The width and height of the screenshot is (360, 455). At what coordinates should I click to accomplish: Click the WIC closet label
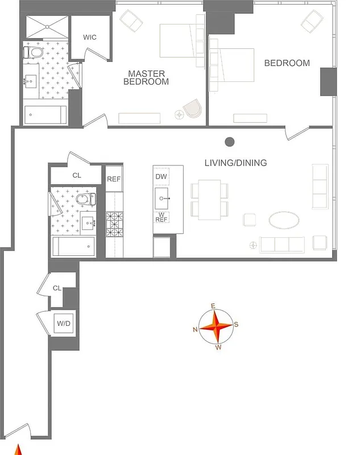pyautogui.click(x=90, y=38)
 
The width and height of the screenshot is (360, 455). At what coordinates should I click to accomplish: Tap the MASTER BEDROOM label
pyautogui.click(x=146, y=77)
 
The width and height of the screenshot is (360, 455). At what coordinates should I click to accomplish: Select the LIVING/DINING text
pyautogui.click(x=235, y=163)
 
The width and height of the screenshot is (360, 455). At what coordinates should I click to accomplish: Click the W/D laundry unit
pyautogui.click(x=63, y=324)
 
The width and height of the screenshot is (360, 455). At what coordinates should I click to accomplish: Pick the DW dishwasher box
pyautogui.click(x=162, y=177)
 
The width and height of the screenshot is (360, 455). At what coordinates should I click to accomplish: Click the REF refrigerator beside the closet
pyautogui.click(x=114, y=179)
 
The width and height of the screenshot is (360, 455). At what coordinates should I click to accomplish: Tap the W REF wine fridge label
pyautogui.click(x=162, y=217)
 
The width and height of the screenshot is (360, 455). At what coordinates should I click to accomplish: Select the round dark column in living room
pyautogui.click(x=230, y=142)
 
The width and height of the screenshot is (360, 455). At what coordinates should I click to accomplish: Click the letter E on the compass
pyautogui.click(x=213, y=307)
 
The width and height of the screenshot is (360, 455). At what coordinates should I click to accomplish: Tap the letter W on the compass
pyautogui.click(x=218, y=348)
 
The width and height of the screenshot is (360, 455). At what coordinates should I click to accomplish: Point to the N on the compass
pyautogui.click(x=195, y=329)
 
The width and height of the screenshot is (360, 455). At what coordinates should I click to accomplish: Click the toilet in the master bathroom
pyautogui.click(x=35, y=53)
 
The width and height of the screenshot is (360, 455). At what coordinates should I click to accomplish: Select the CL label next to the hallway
pyautogui.click(x=56, y=288)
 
